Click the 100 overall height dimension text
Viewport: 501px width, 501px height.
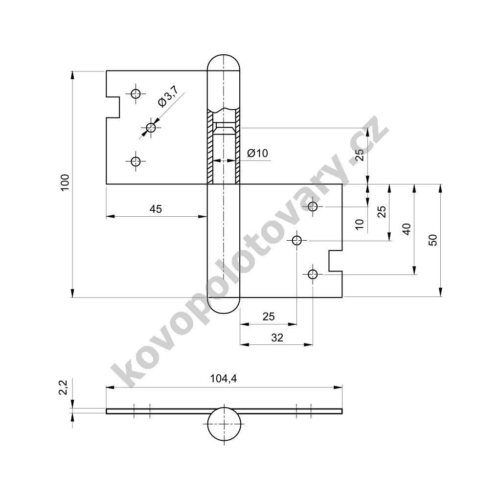click(x=65, y=183)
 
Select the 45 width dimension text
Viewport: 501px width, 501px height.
click(x=156, y=209)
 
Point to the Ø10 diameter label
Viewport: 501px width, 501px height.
click(x=257, y=153)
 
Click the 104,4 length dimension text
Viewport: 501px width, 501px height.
click(x=224, y=379)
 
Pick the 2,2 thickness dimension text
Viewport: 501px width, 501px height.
click(x=64, y=387)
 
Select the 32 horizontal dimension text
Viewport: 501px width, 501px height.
click(x=277, y=338)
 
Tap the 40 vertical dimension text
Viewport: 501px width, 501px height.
click(x=407, y=229)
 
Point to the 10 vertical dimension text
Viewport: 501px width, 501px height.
click(x=360, y=224)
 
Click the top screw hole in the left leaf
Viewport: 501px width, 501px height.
click(x=136, y=94)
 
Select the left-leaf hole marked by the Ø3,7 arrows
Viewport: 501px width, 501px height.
click(x=151, y=128)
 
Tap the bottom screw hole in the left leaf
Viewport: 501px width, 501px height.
click(x=136, y=161)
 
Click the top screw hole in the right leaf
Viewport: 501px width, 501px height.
click(x=313, y=206)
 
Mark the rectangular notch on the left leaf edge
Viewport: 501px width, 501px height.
click(x=113, y=107)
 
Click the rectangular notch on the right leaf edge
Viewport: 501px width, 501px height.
click(x=336, y=261)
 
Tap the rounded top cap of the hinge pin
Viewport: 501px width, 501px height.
click(x=223, y=63)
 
